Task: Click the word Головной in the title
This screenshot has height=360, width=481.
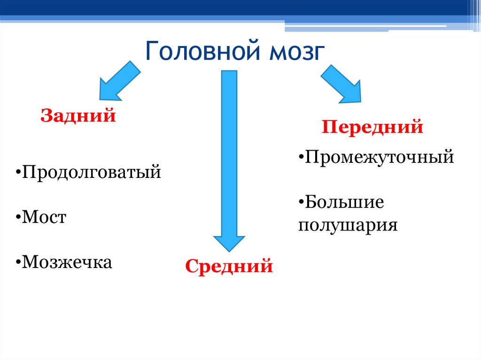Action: (203, 51)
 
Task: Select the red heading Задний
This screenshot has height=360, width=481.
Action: (78, 115)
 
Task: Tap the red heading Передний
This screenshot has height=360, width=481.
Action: (372, 127)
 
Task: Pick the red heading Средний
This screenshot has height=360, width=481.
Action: (229, 267)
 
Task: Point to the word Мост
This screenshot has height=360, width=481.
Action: (44, 217)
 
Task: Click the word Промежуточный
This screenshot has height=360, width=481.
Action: (380, 156)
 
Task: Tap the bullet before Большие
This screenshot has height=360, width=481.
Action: (301, 204)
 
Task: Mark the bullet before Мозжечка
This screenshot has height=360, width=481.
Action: (17, 263)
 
